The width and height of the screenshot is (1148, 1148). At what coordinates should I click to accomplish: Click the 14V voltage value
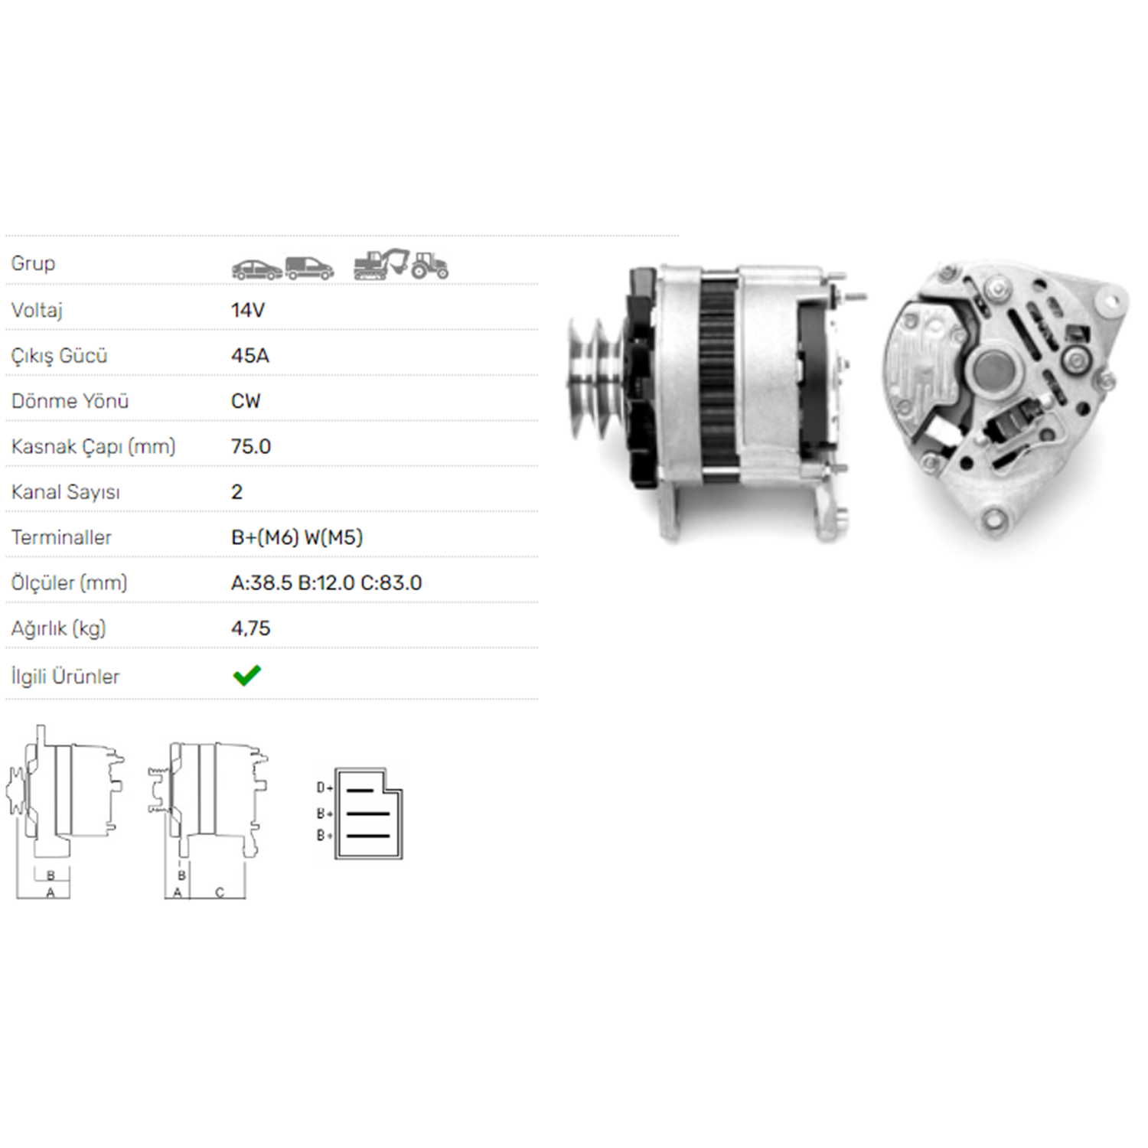(x=248, y=310)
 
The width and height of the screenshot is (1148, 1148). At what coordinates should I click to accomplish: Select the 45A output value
(x=250, y=356)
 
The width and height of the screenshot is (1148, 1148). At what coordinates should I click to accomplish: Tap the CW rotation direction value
(x=246, y=401)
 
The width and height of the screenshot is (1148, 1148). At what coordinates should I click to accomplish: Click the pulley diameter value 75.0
(x=251, y=446)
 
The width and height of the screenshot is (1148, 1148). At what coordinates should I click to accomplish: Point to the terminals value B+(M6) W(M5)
(x=297, y=537)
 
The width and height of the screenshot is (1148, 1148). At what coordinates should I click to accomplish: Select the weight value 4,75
(x=251, y=628)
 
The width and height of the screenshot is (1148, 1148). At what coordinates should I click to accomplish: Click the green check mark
(x=247, y=675)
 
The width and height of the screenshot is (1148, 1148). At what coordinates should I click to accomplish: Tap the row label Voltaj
(x=37, y=311)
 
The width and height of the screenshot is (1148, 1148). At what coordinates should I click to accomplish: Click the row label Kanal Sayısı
(x=66, y=492)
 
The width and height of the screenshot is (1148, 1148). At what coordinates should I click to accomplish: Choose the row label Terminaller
(x=61, y=537)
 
